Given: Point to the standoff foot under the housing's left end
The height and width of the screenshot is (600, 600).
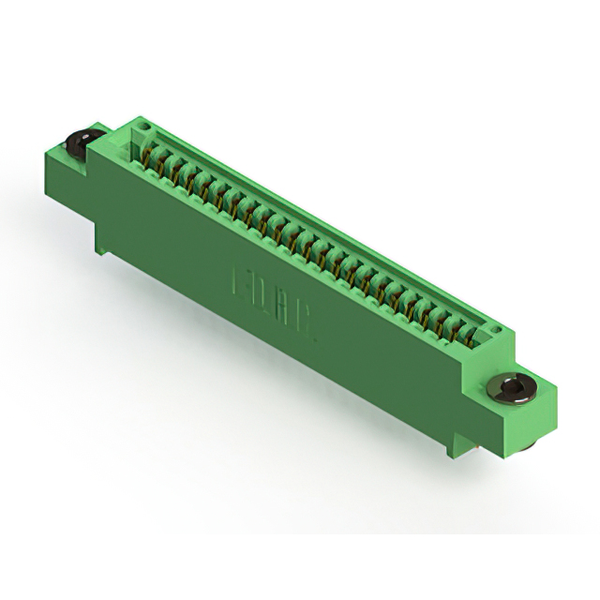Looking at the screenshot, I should [100, 242].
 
